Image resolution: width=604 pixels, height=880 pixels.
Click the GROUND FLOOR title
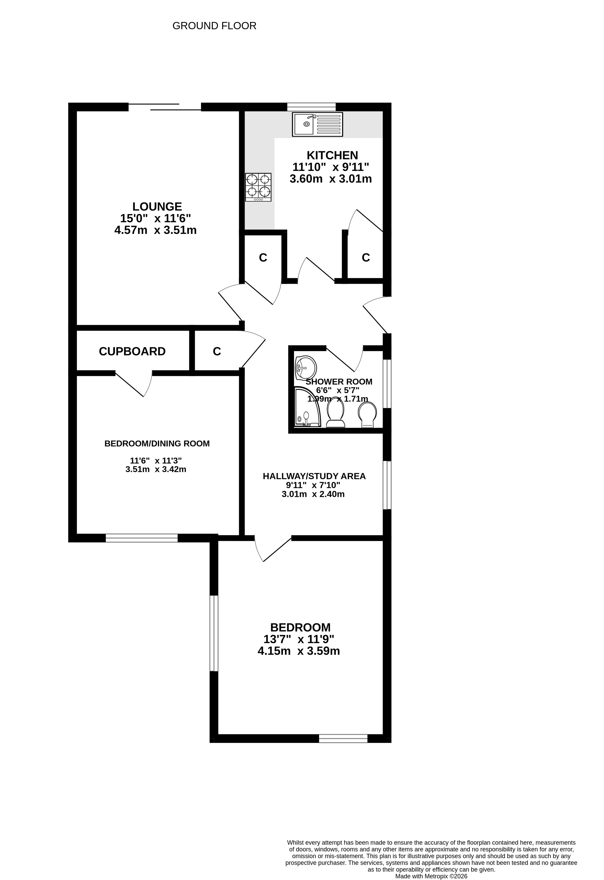(x=214, y=26)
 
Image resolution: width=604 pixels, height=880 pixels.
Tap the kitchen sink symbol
(x=317, y=124)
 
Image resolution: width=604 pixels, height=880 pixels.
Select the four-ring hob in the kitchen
(x=258, y=187)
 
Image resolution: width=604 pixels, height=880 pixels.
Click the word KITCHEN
(x=332, y=155)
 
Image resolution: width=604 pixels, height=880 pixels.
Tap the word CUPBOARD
(x=132, y=351)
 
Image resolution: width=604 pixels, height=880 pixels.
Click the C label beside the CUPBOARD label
(x=217, y=351)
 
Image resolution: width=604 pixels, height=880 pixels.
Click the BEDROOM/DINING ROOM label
(x=157, y=443)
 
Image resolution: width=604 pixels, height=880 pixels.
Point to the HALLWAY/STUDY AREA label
(x=314, y=476)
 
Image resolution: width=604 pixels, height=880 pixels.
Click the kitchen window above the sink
(x=311, y=107)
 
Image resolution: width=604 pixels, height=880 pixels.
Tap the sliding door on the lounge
(x=165, y=107)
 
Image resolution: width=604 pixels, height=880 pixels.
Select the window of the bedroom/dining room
(x=142, y=538)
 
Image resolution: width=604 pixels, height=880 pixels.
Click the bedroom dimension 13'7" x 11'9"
(x=299, y=639)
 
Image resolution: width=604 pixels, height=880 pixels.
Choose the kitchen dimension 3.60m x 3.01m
(x=331, y=179)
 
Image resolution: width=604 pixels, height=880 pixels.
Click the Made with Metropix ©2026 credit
(x=431, y=876)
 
